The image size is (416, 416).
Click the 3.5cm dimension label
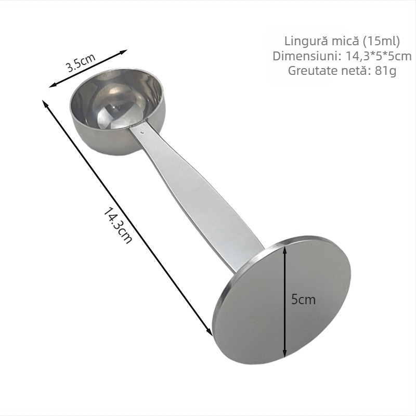81,62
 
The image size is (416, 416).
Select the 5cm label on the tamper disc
303,300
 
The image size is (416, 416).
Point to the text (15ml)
381,41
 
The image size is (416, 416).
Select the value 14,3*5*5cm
379,56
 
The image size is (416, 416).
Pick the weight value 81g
385,71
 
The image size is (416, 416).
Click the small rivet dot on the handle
142,131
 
